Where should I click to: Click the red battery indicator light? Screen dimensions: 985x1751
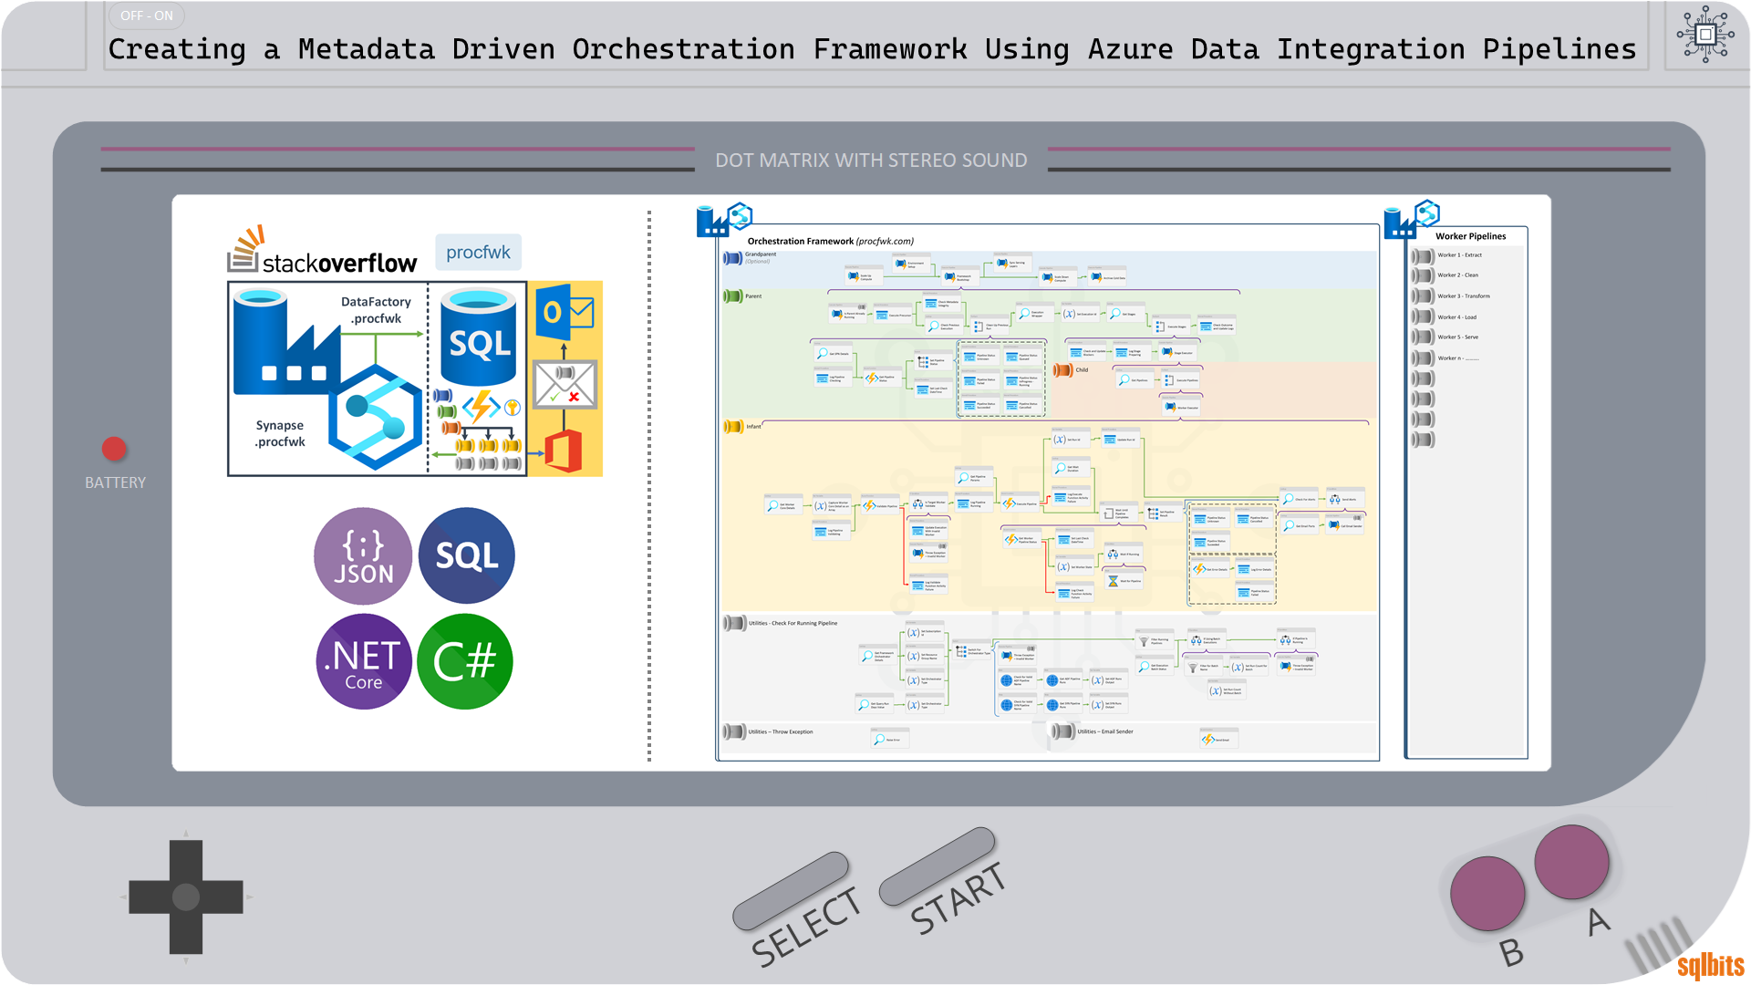(114, 449)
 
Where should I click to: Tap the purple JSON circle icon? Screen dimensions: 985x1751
(363, 555)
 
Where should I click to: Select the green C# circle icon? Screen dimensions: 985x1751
(465, 661)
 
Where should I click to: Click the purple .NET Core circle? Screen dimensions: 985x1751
(363, 661)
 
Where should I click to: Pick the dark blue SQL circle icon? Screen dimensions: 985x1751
(466, 555)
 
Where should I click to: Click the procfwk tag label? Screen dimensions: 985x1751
(478, 252)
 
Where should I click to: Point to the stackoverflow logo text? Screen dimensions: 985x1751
(339, 264)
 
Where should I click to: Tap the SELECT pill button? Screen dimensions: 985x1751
(791, 890)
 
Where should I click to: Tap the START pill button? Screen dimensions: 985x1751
(938, 866)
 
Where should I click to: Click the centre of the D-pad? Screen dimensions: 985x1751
(186, 897)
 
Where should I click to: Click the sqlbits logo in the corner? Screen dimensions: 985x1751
(1710, 965)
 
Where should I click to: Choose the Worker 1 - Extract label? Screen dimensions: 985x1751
(1459, 255)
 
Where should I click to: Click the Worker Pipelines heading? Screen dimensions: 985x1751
(1470, 236)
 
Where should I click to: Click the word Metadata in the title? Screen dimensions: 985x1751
(367, 49)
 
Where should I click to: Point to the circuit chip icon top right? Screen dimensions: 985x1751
(1704, 35)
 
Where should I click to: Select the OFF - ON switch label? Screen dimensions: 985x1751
(147, 16)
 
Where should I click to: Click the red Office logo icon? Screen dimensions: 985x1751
(564, 451)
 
